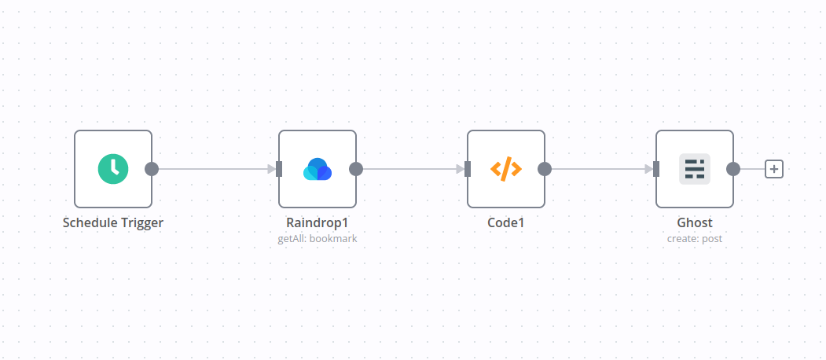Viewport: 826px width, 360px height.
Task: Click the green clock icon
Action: (113, 169)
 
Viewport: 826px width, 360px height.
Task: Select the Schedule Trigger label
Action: (113, 222)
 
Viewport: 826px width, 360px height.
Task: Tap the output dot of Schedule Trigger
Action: (152, 169)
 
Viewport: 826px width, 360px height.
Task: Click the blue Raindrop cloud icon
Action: (318, 169)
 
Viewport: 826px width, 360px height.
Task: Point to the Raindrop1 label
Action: (318, 222)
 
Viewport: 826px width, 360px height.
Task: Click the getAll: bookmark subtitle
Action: (318, 238)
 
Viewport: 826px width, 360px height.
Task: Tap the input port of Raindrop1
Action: (279, 169)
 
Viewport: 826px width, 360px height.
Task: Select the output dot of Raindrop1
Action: (356, 169)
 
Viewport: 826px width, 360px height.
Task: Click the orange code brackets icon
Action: (506, 169)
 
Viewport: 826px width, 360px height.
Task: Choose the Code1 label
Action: (506, 222)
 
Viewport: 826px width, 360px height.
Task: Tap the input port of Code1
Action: (468, 169)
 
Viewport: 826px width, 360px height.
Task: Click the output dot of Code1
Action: (545, 169)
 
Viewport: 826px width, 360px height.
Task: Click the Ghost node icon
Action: (695, 169)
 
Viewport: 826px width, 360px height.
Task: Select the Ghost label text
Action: (695, 222)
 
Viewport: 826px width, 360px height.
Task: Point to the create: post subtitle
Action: (695, 238)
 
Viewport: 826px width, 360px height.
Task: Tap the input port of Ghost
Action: (656, 169)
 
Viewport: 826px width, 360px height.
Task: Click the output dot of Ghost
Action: (733, 169)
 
